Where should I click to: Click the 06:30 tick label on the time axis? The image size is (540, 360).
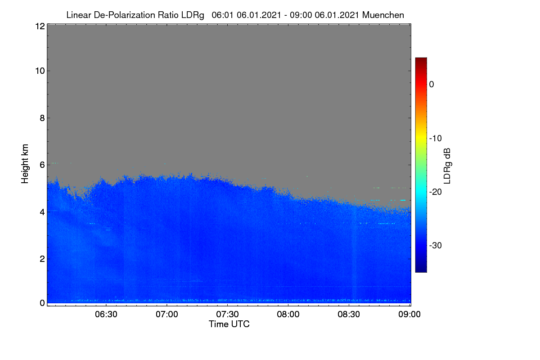coord(106,314)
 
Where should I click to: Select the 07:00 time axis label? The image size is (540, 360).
coord(167,314)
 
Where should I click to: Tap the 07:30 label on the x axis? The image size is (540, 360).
coord(227,314)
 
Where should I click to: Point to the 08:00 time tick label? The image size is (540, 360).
coord(288,314)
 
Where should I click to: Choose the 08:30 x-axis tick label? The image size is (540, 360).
coord(349,314)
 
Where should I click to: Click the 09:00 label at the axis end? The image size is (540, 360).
coord(409,314)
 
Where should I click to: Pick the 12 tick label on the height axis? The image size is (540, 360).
coord(40,26)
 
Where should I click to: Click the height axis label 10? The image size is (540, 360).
coord(40,71)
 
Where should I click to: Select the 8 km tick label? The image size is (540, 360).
coord(42,118)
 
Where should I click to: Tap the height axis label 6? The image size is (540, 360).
coord(42,165)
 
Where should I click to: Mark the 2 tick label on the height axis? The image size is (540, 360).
coord(42,259)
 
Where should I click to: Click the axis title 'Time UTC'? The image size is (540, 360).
coord(229,324)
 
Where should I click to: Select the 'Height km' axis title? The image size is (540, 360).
coord(25,164)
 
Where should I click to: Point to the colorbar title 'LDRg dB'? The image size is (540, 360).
coord(447,166)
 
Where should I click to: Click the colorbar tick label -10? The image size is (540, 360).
coord(436,139)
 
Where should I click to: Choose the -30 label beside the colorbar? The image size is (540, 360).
coord(436,245)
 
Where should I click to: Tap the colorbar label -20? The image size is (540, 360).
coord(436,192)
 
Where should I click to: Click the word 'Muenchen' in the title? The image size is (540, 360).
coord(383,15)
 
